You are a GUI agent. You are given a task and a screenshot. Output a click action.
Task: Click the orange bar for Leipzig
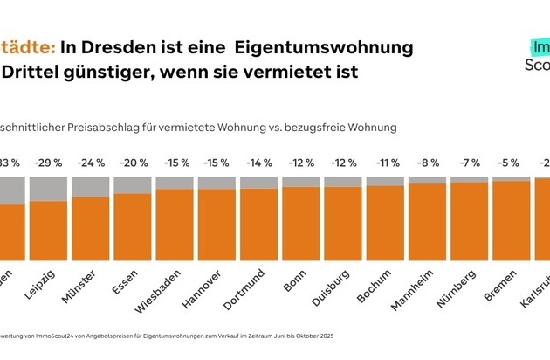(x=48, y=230)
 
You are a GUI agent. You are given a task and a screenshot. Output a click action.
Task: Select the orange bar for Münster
(x=90, y=228)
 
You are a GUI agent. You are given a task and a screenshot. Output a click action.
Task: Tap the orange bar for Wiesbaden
(x=174, y=224)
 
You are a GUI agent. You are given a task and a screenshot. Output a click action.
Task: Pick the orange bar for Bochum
(x=384, y=222)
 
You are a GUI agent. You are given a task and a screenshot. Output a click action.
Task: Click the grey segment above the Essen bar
(x=132, y=184)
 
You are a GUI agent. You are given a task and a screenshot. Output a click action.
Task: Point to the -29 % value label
(x=48, y=163)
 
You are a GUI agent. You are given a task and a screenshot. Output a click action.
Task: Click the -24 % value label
(x=90, y=163)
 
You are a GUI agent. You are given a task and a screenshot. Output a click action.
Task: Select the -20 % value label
(x=132, y=163)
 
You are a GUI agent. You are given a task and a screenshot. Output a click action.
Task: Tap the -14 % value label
(x=258, y=163)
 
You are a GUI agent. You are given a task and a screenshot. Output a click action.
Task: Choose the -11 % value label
(x=384, y=163)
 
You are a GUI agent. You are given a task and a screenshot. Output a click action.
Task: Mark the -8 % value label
(x=426, y=163)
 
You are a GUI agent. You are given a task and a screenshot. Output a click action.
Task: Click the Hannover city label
(x=204, y=292)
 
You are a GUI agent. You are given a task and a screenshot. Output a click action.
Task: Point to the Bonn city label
(x=294, y=285)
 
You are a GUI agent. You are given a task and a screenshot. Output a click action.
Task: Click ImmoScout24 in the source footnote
(x=44, y=336)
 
